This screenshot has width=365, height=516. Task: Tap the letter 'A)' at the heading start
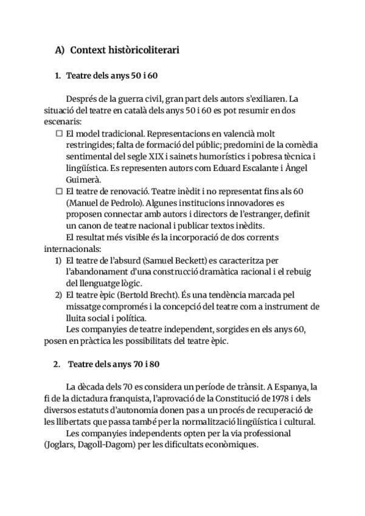(x=60, y=50)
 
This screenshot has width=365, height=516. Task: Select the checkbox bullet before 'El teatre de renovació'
(x=59, y=191)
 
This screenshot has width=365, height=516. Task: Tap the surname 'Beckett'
(x=194, y=260)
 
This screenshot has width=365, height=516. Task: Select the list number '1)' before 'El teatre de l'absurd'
(x=59, y=260)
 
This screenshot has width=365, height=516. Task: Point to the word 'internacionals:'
(x=72, y=249)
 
